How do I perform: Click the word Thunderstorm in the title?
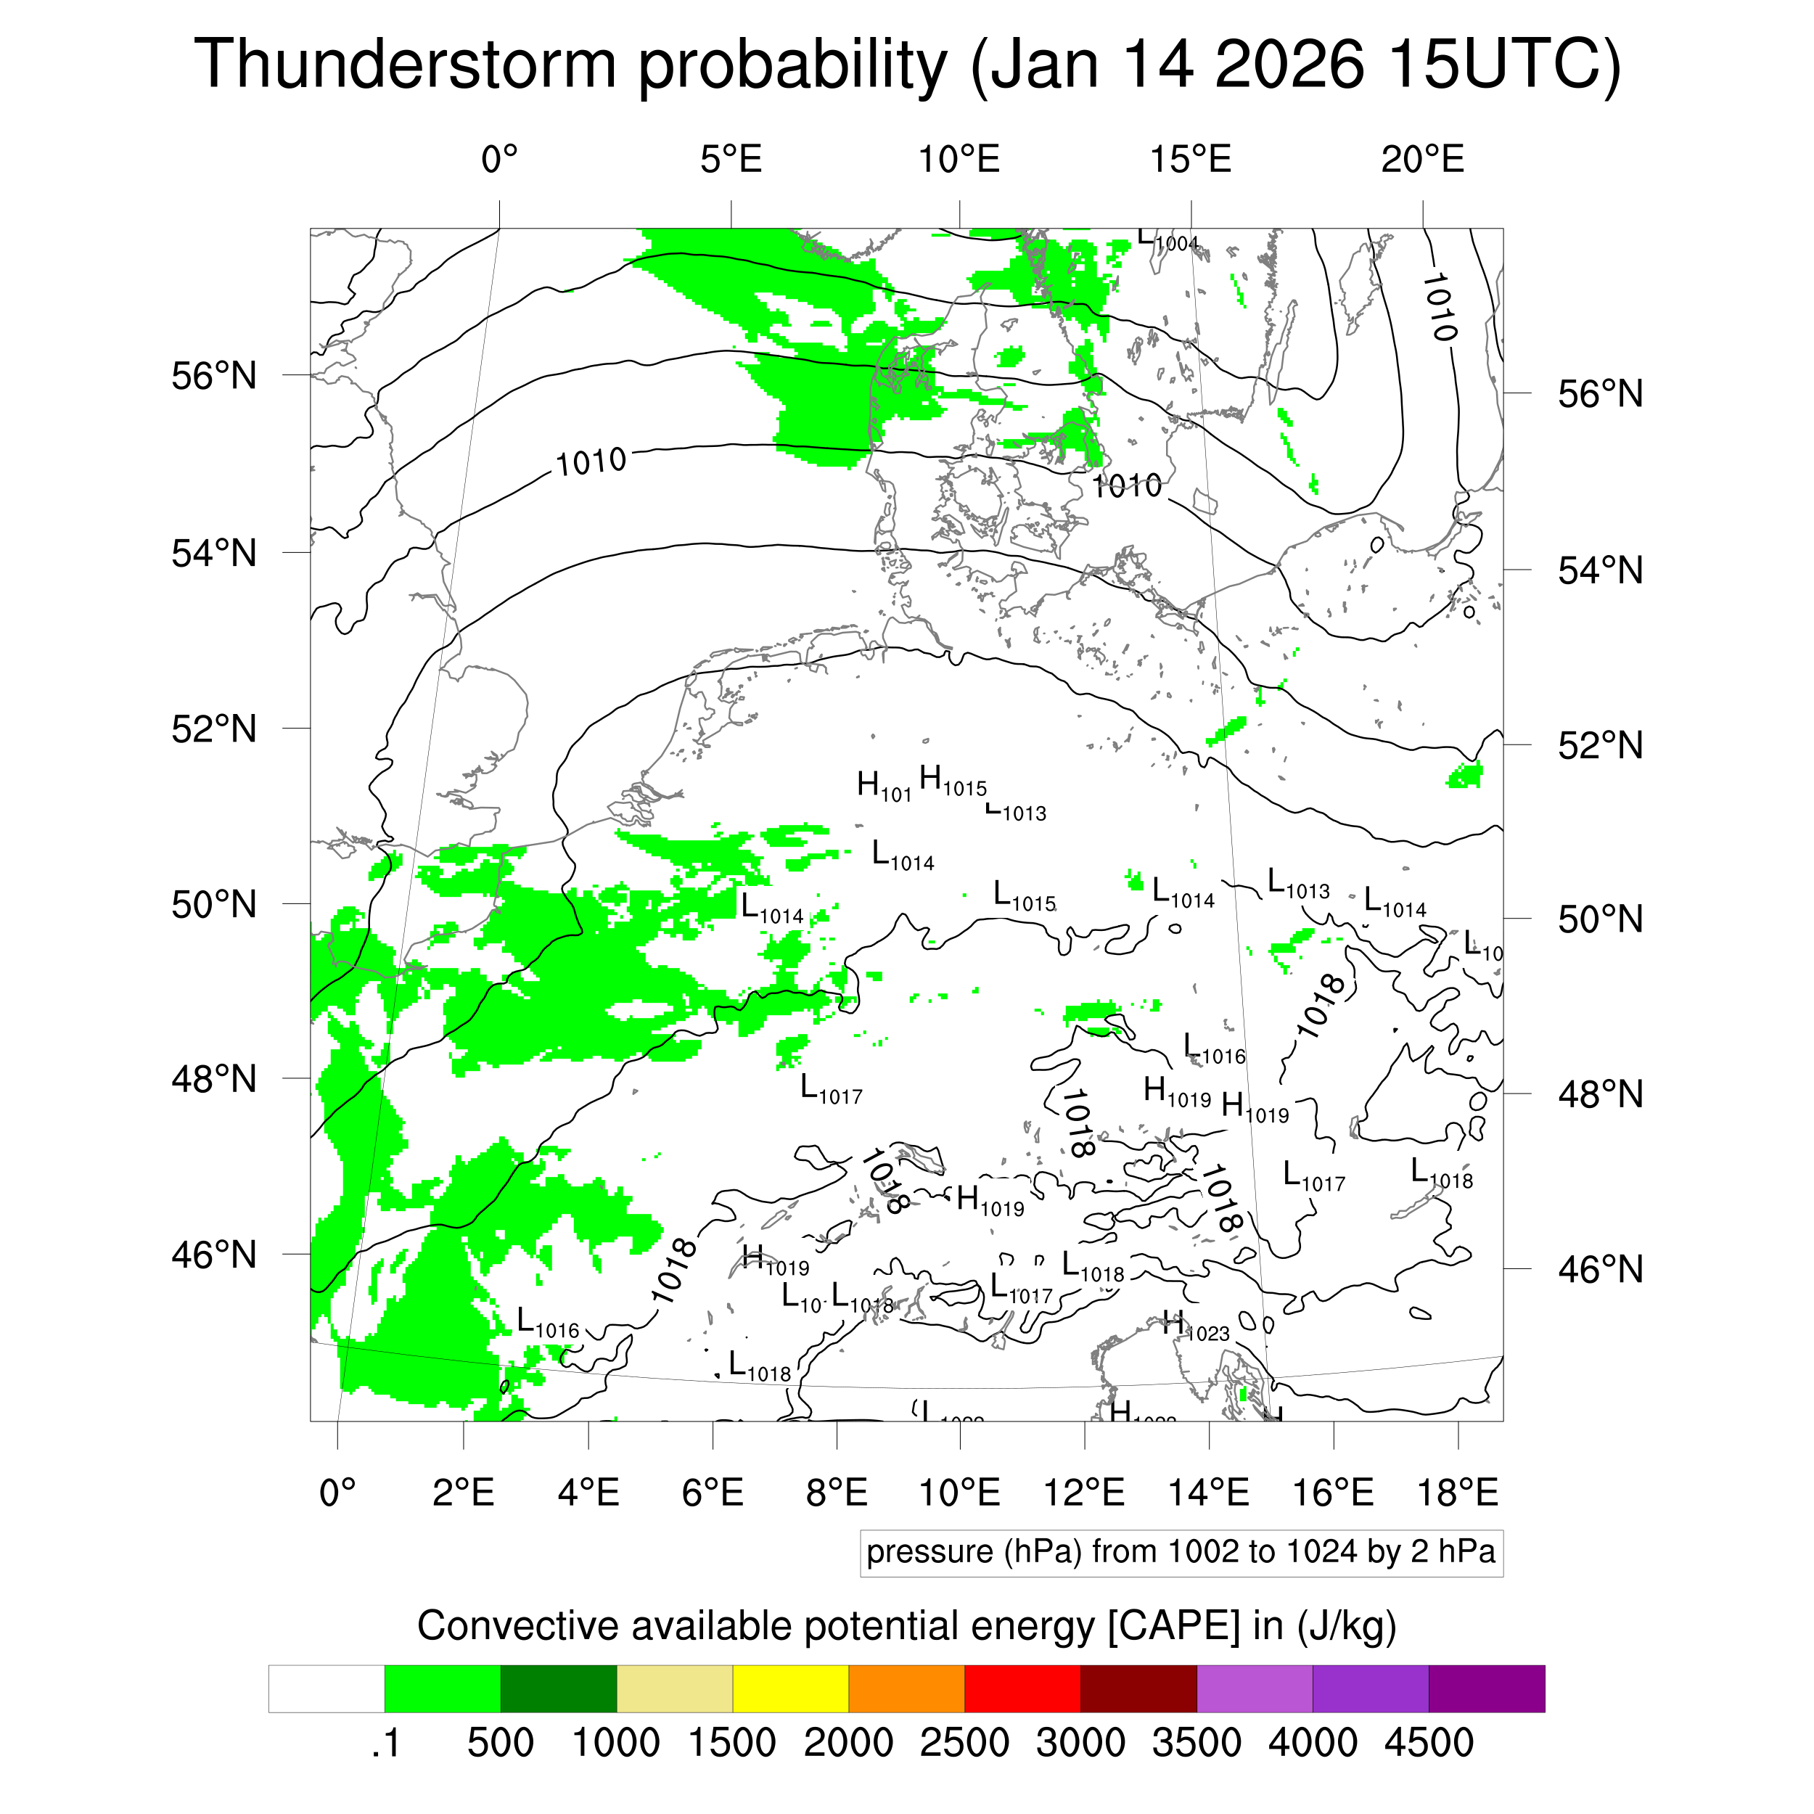[405, 66]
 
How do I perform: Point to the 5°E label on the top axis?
[731, 160]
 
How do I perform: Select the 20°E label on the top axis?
[1422, 160]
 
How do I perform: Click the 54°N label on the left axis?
[214, 553]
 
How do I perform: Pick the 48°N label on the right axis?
[1601, 1094]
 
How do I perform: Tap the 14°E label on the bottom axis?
[1208, 1492]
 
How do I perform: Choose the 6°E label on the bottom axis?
[713, 1492]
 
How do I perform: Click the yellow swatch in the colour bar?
[791, 1689]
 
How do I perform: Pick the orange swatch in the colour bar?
[906, 1689]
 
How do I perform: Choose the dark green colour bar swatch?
[559, 1689]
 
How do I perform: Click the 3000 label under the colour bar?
[1080, 1743]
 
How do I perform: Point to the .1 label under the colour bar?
[386, 1743]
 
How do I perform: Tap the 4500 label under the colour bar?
[1428, 1743]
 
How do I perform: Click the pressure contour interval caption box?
[1181, 1552]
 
